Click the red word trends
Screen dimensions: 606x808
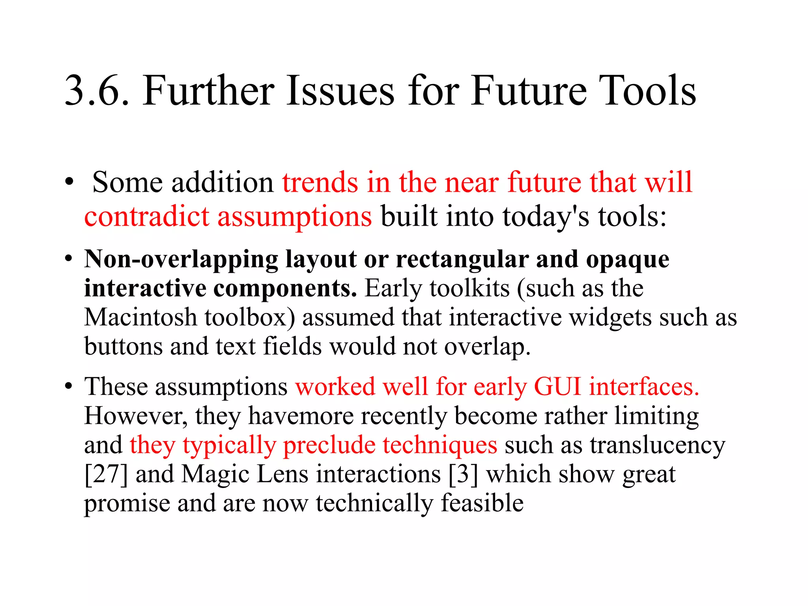[320, 182]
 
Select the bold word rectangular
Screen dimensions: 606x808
[462, 260]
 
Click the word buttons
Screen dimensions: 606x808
[123, 346]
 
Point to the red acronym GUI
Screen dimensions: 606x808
[557, 386]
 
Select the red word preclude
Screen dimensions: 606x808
[329, 445]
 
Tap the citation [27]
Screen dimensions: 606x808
[106, 474]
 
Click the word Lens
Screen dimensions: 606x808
[282, 474]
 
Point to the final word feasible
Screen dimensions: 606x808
[482, 503]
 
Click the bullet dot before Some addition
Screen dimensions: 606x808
[69, 182]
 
